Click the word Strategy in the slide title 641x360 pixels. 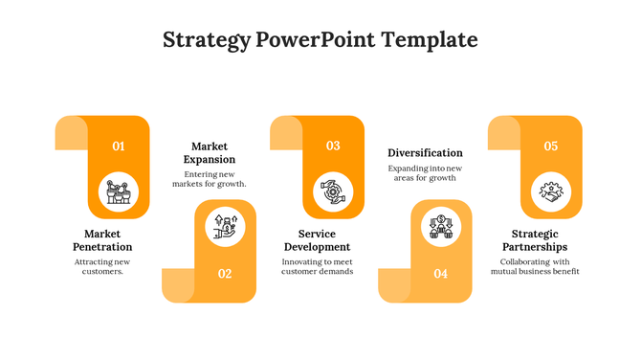click(x=206, y=40)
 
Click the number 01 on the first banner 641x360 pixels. click(x=119, y=146)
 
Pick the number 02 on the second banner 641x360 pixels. click(x=225, y=274)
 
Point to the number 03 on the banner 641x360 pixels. click(x=333, y=146)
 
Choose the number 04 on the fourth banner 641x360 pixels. click(x=440, y=274)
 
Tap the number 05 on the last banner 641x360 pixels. click(x=551, y=146)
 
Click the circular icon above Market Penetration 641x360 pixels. click(x=119, y=191)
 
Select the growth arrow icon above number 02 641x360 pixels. click(x=226, y=227)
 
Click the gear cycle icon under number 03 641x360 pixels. click(x=333, y=191)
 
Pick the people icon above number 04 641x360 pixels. click(x=441, y=227)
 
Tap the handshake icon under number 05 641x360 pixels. click(x=551, y=191)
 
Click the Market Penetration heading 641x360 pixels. click(x=102, y=240)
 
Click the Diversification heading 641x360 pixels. click(x=425, y=152)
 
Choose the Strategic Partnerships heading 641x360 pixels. click(x=535, y=240)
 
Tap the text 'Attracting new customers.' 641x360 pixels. click(x=102, y=266)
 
